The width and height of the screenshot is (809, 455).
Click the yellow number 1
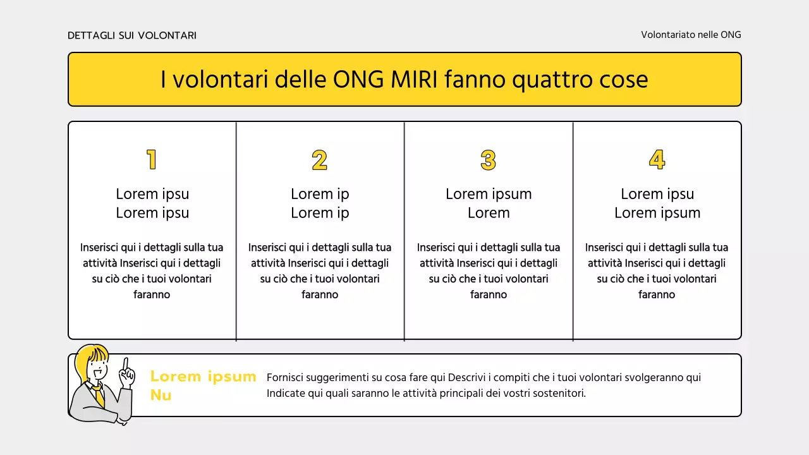(152, 160)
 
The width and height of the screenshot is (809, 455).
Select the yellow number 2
(320, 160)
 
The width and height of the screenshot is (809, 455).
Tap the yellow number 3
(489, 160)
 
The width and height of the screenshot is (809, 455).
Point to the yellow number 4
(657, 160)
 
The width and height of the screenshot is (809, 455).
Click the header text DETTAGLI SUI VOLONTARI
(132, 35)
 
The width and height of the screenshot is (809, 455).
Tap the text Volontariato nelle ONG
(691, 35)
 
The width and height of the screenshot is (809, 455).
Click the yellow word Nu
(161, 396)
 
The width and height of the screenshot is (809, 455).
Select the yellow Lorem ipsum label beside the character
(203, 377)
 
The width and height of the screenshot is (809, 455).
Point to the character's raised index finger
(126, 365)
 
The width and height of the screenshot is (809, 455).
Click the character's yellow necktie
(99, 396)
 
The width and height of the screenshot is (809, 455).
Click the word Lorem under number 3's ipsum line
(489, 213)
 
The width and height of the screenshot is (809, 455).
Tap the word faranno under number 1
(152, 294)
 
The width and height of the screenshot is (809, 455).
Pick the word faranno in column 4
(657, 294)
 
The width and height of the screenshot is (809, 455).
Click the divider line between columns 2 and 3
(404, 231)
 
